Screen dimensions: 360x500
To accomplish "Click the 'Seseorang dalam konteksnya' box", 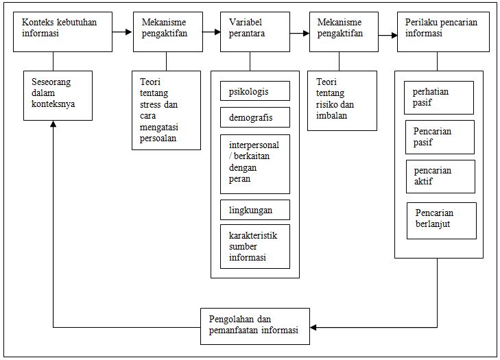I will point(58,95).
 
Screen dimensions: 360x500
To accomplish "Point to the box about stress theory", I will point(166,110).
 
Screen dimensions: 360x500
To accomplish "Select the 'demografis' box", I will point(255,117).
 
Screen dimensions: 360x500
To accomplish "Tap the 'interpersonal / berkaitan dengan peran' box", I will point(255,164).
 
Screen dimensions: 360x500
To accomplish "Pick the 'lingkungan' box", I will point(255,209).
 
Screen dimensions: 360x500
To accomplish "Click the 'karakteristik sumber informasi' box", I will point(255,246).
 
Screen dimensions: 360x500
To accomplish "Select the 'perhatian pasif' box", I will point(439,97).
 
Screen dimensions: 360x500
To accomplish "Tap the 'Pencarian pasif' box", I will point(440,137).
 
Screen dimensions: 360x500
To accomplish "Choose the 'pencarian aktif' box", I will point(440,176).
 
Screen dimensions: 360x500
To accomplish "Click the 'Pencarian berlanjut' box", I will point(441,220).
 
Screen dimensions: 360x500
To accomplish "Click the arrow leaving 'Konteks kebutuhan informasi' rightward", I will point(123,32).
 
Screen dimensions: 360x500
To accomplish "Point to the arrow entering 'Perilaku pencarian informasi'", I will point(388,32).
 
